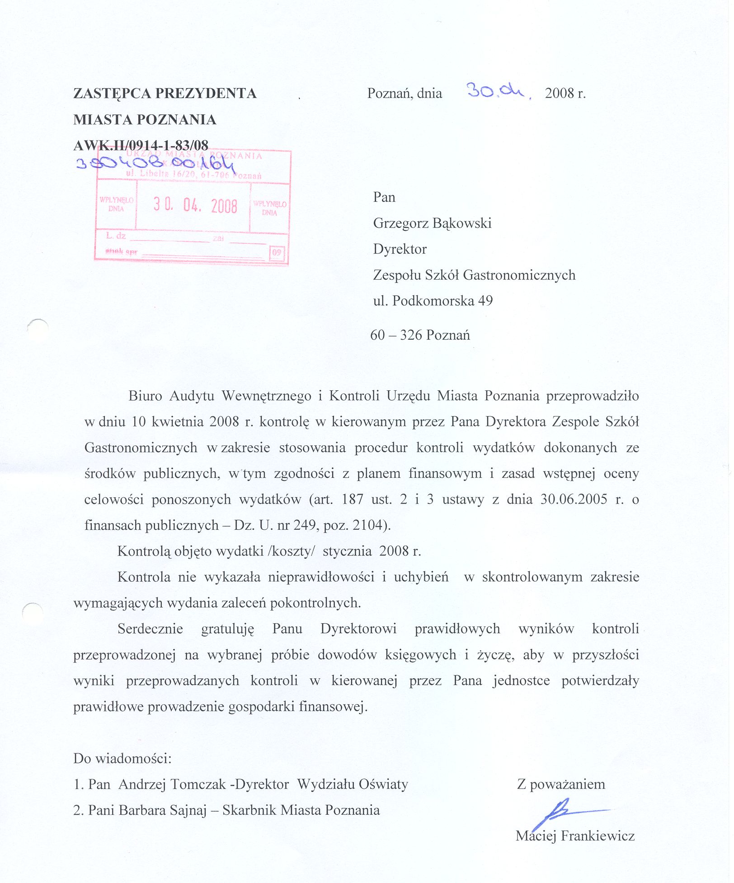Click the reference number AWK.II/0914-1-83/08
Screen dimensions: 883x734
141,145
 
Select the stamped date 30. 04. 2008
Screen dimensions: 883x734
195,206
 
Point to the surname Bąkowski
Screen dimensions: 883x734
462,223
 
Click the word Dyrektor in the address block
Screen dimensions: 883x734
400,249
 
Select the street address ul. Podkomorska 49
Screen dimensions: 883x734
433,301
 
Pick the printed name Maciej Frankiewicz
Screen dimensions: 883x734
575,836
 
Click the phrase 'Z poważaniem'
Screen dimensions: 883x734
561,784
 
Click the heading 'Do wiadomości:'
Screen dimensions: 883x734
122,758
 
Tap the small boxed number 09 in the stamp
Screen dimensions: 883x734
276,252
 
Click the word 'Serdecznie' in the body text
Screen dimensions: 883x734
150,629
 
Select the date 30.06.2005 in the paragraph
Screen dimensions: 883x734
574,499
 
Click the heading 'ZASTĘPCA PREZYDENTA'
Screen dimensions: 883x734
165,93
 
